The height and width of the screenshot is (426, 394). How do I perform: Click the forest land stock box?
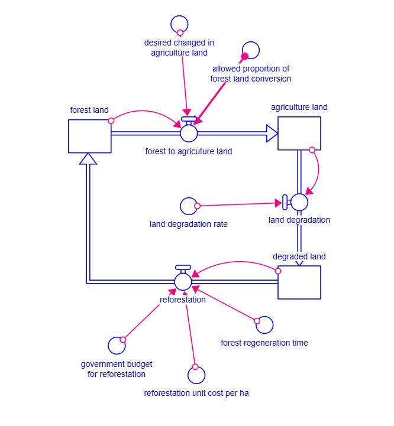[89, 136]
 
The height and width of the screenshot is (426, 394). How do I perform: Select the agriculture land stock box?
[299, 133]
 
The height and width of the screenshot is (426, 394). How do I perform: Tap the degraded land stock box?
[299, 282]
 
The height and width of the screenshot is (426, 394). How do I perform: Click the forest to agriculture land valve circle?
[189, 134]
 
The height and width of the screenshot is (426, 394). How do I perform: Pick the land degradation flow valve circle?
[299, 202]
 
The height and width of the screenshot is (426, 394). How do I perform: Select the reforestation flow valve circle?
[183, 282]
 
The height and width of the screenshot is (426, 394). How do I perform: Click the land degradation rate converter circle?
[189, 206]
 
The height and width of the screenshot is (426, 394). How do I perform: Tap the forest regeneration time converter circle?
[264, 324]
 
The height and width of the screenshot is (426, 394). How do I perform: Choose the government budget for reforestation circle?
[117, 346]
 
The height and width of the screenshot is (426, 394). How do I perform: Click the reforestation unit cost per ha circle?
[196, 375]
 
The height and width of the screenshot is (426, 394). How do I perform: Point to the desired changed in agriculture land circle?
[179, 25]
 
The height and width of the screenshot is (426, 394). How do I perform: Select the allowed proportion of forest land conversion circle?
[251, 51]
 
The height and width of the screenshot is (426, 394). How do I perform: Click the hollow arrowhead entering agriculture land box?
[272, 134]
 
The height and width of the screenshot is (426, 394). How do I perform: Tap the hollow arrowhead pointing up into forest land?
[88, 158]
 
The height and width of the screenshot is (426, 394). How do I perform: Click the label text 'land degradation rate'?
[189, 224]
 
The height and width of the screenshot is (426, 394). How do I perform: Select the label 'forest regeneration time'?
[264, 343]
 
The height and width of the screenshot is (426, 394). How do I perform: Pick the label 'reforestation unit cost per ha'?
[196, 393]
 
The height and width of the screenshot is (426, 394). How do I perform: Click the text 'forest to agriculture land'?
[189, 151]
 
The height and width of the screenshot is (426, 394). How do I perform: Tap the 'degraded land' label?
[299, 256]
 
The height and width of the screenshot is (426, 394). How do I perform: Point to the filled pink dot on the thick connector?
[244, 57]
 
